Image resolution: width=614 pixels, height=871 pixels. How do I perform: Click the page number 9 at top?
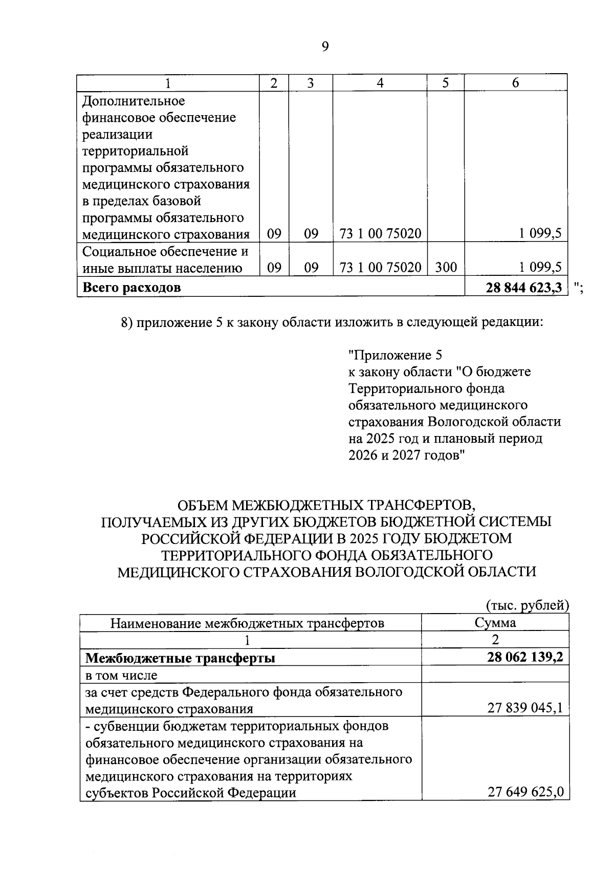tap(325, 47)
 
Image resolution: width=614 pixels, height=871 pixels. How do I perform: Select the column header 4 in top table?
tap(380, 83)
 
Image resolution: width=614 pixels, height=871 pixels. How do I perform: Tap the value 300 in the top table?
tap(446, 267)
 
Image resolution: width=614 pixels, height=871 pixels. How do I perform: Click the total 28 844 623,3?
tap(524, 287)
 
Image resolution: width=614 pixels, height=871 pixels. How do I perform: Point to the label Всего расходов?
tap(131, 287)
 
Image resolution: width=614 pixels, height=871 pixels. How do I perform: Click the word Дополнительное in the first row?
tap(134, 101)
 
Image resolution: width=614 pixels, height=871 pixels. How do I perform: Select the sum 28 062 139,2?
tap(525, 657)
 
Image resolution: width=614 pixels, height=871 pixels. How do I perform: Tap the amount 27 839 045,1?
tap(525, 708)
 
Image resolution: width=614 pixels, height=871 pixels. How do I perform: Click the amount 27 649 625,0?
tap(525, 793)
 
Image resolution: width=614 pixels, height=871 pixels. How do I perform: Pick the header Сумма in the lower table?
tap(495, 623)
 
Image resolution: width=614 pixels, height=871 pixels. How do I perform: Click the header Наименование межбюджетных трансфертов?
tap(248, 623)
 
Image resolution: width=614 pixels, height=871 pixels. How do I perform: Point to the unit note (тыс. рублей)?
tap(527, 605)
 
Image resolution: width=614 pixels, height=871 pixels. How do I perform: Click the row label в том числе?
tap(121, 675)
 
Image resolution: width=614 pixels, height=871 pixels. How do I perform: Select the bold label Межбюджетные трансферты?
tap(180, 658)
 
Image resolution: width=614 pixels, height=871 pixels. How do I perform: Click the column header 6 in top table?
tap(515, 83)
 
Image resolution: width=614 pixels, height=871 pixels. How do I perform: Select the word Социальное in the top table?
tap(120, 251)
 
